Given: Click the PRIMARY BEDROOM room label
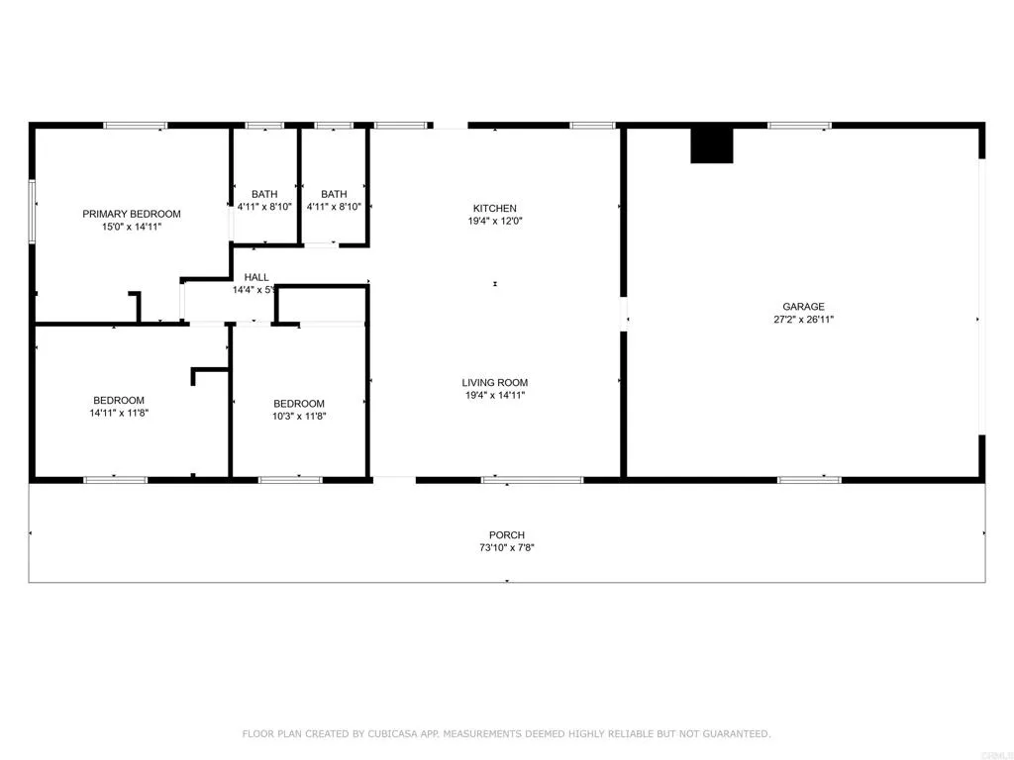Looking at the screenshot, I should (x=132, y=214).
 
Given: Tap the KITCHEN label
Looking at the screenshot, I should (x=494, y=208).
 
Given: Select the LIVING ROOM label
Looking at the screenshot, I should (x=494, y=383).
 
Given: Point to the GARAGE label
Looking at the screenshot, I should (x=803, y=307).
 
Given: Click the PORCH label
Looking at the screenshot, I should (x=506, y=535).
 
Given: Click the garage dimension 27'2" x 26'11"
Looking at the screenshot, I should (x=803, y=320).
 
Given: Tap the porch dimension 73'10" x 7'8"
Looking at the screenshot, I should (x=506, y=548).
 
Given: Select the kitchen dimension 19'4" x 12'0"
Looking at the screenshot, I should (x=494, y=221).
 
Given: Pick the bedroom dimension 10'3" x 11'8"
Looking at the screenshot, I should (x=299, y=417).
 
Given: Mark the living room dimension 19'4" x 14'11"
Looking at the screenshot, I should (x=494, y=396).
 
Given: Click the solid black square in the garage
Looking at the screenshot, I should (x=711, y=144).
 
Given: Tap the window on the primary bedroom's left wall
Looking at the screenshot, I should (x=33, y=210).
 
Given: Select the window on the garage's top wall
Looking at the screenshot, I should (x=800, y=126).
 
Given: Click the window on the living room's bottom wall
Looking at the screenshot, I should (x=532, y=480).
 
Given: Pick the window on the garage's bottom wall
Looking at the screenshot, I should (x=809, y=480).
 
